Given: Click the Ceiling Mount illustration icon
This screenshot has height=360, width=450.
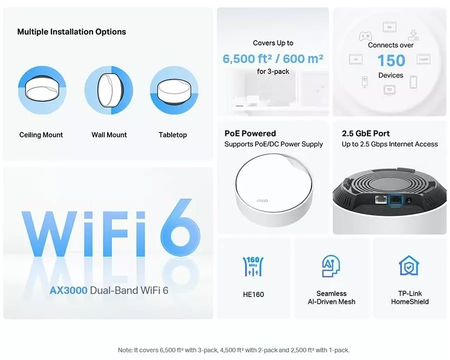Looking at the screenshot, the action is pyautogui.click(x=42, y=90).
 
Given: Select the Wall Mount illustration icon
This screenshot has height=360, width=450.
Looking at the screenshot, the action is pyautogui.click(x=109, y=90).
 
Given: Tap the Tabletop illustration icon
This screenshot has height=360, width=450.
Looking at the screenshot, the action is pyautogui.click(x=174, y=90).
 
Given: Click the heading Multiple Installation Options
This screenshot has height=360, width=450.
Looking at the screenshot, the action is pyautogui.click(x=71, y=32).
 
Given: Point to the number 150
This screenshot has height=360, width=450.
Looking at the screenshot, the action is pyautogui.click(x=391, y=60).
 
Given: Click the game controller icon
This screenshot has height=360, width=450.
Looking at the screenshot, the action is pyautogui.click(x=365, y=36).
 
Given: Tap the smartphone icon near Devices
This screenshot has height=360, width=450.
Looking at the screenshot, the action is pyautogui.click(x=413, y=82).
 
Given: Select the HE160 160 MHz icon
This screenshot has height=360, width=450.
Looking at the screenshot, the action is pyautogui.click(x=253, y=266).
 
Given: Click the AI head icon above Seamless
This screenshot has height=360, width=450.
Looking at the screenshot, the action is pyautogui.click(x=331, y=266).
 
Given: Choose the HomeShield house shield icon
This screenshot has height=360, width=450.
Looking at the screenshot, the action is pyautogui.click(x=409, y=265).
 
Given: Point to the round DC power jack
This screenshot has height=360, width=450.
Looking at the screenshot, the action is pyautogui.click(x=408, y=200).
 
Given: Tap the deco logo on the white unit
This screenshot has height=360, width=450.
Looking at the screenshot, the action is pyautogui.click(x=262, y=200).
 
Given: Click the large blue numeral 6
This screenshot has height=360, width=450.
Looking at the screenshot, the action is pyautogui.click(x=180, y=227).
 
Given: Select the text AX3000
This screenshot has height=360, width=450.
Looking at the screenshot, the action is pyautogui.click(x=68, y=290).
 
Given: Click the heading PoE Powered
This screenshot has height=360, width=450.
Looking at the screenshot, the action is pyautogui.click(x=250, y=133).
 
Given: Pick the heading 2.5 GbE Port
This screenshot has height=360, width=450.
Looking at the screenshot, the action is pyautogui.click(x=365, y=133).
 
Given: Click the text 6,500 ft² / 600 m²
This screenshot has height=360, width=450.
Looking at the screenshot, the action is pyautogui.click(x=273, y=58).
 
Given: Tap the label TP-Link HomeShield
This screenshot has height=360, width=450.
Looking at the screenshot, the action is pyautogui.click(x=410, y=297).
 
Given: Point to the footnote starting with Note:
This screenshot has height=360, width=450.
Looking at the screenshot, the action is pyautogui.click(x=233, y=350).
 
